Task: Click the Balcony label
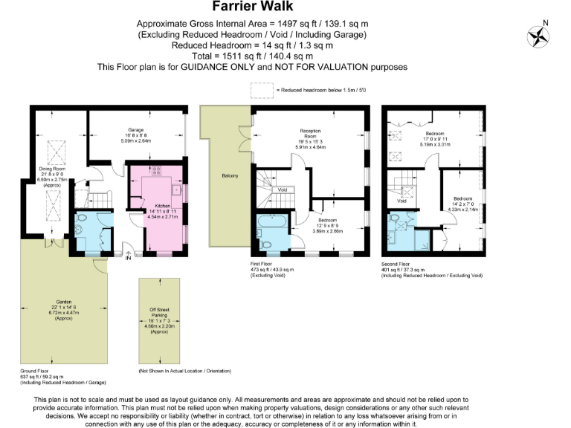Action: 230,175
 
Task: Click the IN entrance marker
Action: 128,258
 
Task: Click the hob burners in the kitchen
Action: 157,171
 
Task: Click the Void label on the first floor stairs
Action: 282,189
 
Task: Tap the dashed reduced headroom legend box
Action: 261,91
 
